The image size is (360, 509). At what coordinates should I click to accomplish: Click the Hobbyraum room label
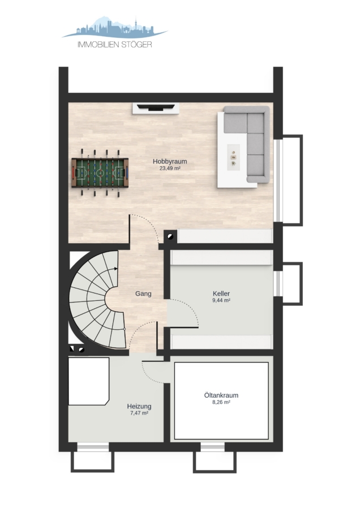pyautogui.click(x=170, y=161)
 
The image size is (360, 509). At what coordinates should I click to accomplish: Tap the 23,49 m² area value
pyautogui.click(x=170, y=169)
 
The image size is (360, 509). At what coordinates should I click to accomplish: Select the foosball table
pyautogui.click(x=100, y=172)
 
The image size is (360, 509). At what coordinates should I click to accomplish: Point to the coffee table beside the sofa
pyautogui.click(x=233, y=156)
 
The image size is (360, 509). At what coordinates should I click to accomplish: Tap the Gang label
pyautogui.click(x=143, y=294)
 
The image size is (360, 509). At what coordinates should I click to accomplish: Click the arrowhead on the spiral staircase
pyautogui.click(x=115, y=269)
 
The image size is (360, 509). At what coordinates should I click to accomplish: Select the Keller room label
pyautogui.click(x=221, y=294)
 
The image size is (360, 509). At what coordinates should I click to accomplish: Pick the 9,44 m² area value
pyautogui.click(x=221, y=301)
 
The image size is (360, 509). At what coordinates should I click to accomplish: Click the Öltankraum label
pyautogui.click(x=221, y=395)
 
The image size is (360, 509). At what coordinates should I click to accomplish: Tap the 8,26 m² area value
pyautogui.click(x=221, y=402)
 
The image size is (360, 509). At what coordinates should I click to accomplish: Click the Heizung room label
pyautogui.click(x=139, y=406)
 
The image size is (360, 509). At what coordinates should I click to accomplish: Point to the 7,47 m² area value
pyautogui.click(x=139, y=413)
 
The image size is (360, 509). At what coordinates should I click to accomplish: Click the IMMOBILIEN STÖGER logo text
pyautogui.click(x=115, y=45)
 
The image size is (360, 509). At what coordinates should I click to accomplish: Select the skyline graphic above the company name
pyautogui.click(x=115, y=27)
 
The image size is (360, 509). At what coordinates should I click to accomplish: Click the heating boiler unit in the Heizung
pyautogui.click(x=88, y=381)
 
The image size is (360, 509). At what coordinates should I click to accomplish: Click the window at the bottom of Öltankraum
pyautogui.click(x=212, y=448)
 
